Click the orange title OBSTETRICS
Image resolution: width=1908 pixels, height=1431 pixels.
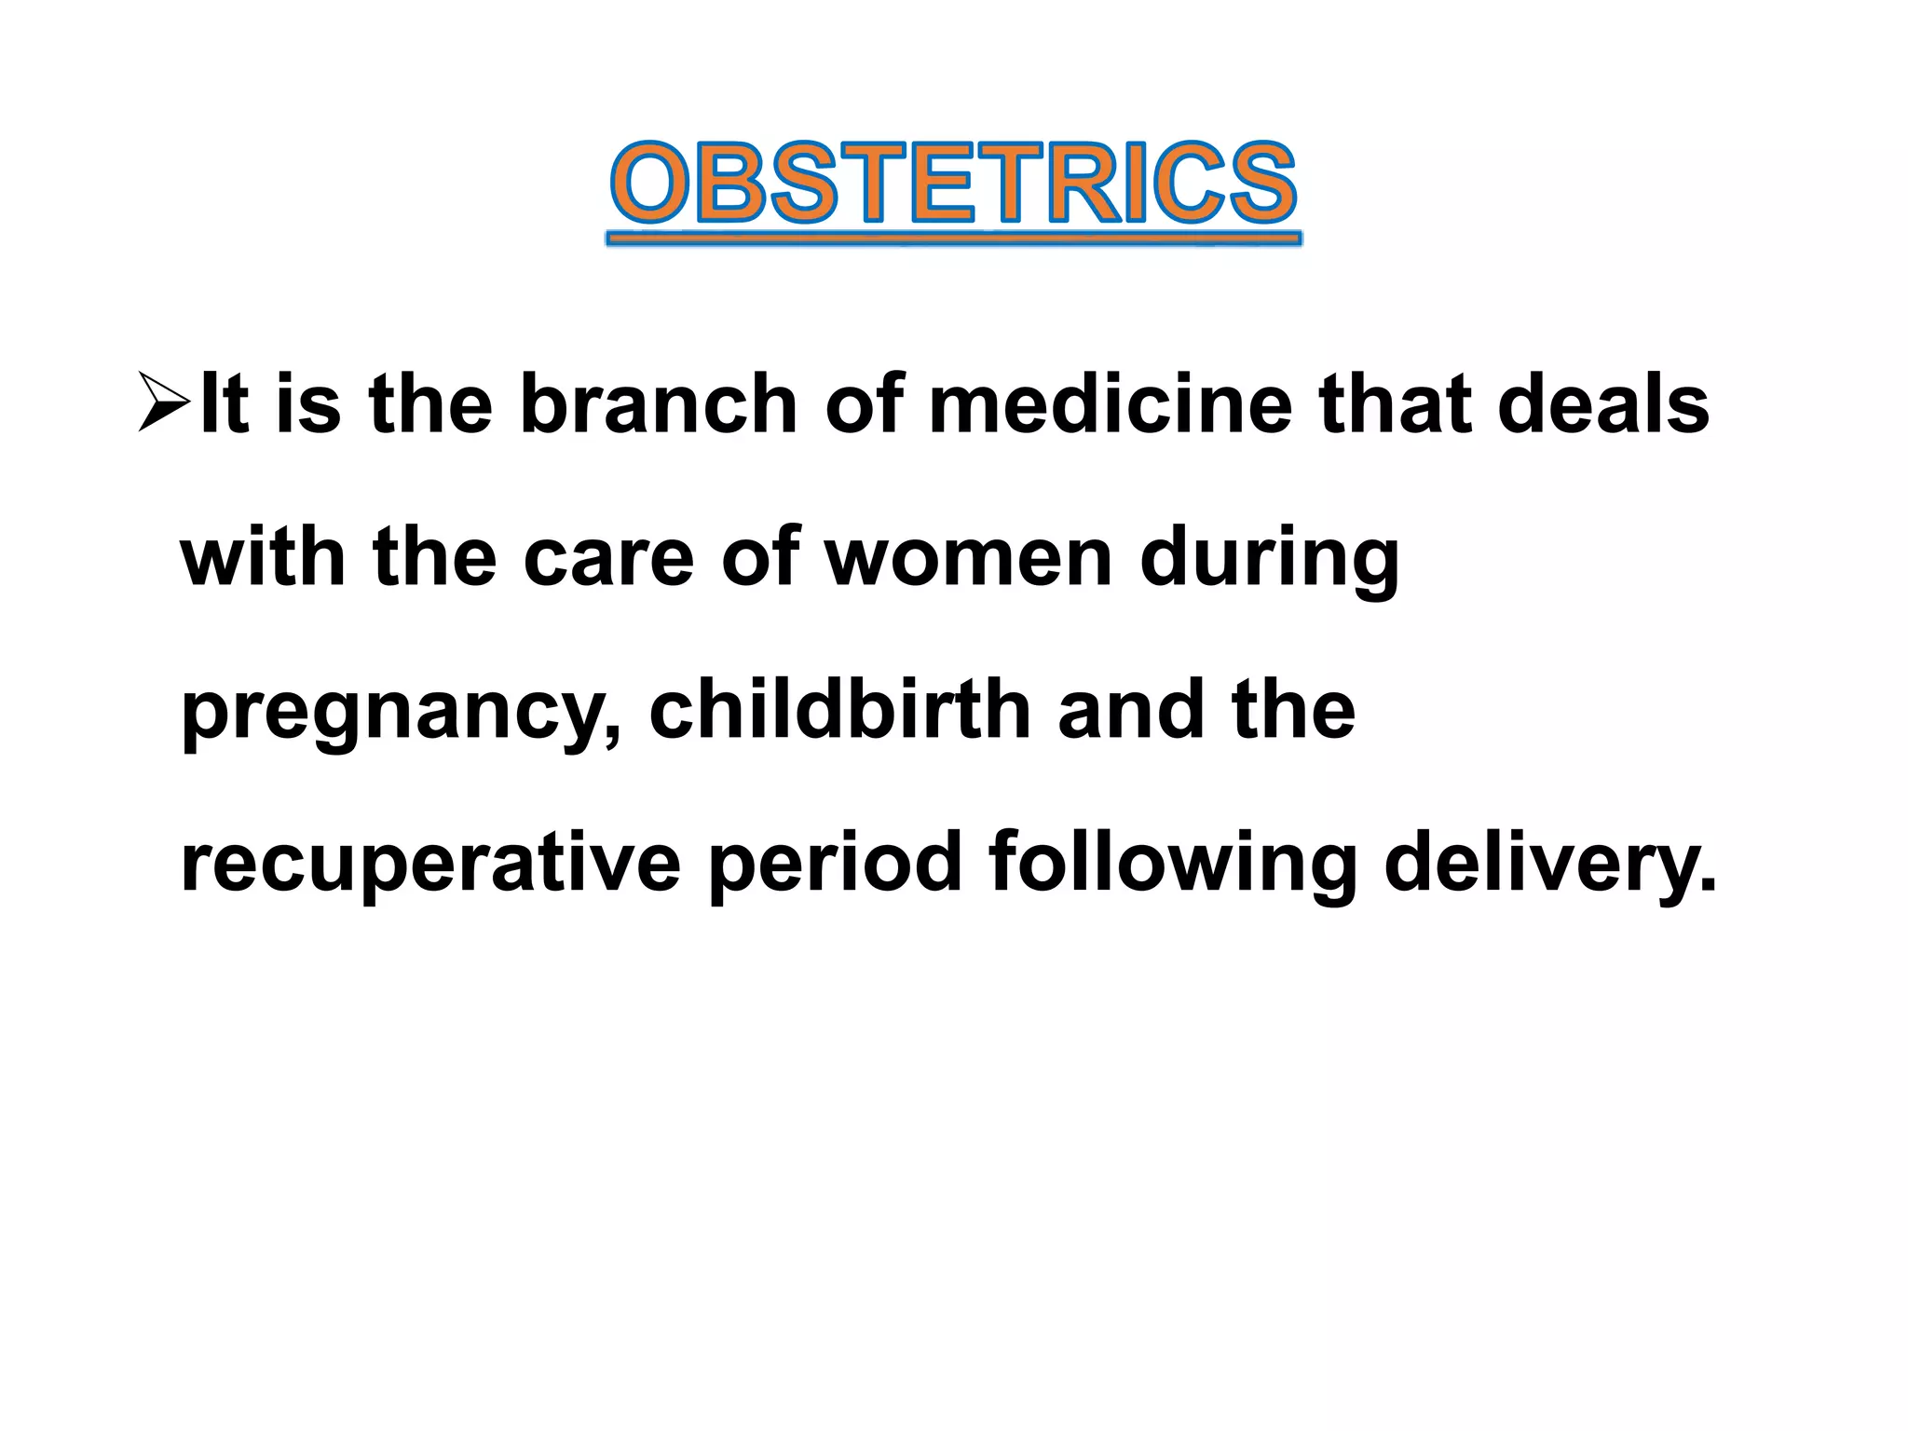953,184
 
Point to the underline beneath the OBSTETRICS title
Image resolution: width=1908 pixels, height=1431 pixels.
953,239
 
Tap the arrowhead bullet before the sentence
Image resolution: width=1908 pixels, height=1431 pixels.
164,402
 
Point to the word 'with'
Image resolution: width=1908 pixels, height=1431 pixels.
263,557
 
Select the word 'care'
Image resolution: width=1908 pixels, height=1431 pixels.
609,557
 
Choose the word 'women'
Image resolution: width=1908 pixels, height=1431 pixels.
969,557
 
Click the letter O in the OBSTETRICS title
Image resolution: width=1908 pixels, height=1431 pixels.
650,183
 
